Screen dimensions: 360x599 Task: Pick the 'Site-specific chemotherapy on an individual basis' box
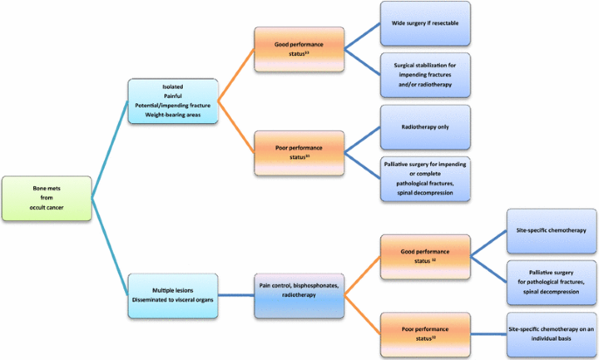point(551,332)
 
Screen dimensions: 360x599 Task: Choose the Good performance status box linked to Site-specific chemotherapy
point(422,254)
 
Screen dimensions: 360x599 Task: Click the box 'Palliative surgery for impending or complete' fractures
point(425,178)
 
